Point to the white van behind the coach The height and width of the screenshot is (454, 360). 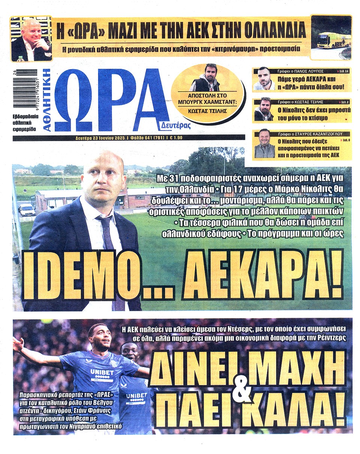click(x=27, y=210)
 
